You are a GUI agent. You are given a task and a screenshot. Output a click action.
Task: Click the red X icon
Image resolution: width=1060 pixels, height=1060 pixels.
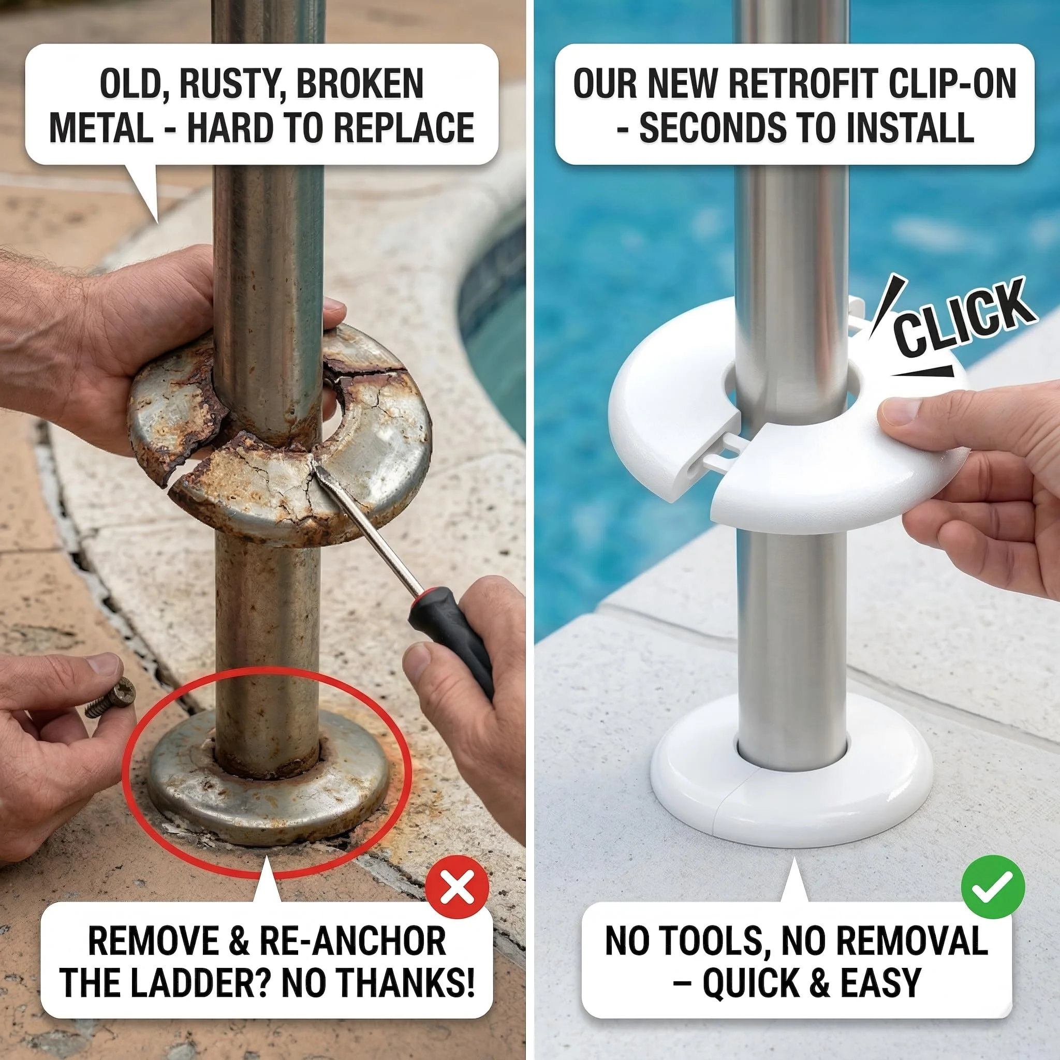pos(457,887)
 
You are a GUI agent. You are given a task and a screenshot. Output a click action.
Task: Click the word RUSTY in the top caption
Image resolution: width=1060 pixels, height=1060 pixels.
pos(230,84)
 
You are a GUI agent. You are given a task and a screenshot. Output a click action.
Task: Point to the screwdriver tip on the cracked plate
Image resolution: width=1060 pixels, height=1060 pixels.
pos(317,467)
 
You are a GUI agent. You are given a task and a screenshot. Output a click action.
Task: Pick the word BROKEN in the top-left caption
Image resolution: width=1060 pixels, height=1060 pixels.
pos(360,84)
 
